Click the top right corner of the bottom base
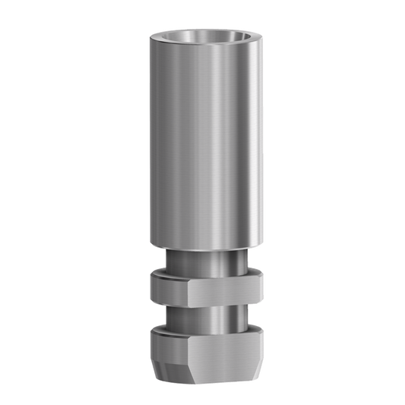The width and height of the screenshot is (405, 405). pos(256,334)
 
